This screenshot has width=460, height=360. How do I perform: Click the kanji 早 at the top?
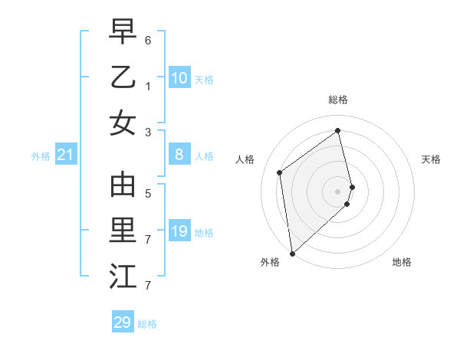123,32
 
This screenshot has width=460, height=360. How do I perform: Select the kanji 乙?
123,77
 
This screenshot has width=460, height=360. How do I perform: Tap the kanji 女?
123,123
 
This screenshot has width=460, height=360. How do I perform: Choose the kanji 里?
123,231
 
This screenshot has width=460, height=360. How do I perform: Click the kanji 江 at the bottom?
123,277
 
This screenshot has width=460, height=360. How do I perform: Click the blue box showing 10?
179,78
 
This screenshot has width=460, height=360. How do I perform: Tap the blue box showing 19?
179,231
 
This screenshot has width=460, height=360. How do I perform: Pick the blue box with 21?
66,155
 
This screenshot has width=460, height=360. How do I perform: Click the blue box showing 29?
123,322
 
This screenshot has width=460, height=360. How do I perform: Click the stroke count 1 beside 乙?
148,87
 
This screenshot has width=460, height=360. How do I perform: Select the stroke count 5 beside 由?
148,194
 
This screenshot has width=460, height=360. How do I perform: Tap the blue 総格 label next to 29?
147,324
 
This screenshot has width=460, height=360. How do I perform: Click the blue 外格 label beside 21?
41,156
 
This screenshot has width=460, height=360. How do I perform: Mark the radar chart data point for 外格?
292,253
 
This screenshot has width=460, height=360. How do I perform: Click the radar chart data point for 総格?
338,130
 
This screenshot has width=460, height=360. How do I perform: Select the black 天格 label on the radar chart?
431,159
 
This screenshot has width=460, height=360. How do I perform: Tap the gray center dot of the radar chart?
338,191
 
